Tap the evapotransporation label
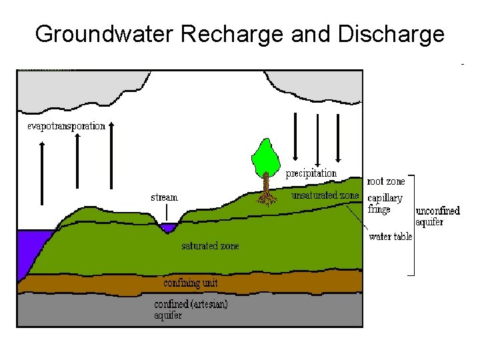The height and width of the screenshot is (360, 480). (67, 126)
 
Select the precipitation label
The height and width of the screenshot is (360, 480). (311, 173)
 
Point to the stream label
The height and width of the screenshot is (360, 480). (164, 197)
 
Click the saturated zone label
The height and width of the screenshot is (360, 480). (210, 246)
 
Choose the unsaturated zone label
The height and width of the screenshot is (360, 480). (325, 195)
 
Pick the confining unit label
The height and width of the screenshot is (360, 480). (190, 283)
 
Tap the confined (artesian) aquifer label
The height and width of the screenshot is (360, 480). (191, 309)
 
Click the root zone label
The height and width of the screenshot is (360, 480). (386, 181)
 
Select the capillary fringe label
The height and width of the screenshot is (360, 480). (385, 203)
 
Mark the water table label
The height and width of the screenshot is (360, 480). (391, 237)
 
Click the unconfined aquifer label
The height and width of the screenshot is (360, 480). (438, 216)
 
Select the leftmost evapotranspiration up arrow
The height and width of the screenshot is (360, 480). (42, 173)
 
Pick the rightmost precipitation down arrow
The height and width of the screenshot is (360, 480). (339, 137)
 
